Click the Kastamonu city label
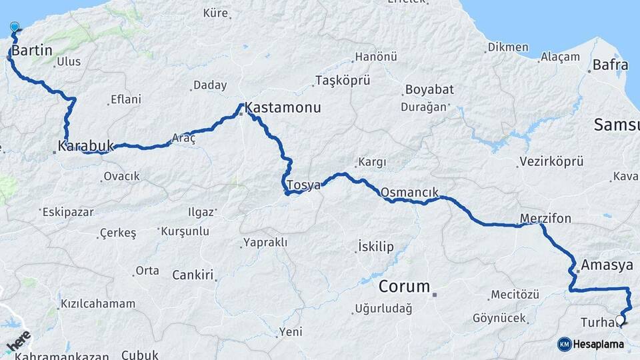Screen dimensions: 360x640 [283, 107]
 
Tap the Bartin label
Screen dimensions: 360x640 [32, 50]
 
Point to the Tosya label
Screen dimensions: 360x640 [303, 185]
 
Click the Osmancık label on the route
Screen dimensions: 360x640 [410, 192]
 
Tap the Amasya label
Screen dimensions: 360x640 [607, 265]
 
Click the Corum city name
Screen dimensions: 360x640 [404, 287]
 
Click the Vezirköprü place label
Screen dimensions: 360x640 [550, 161]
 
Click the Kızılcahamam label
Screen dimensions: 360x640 [98, 303]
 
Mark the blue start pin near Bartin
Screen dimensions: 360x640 [15, 27]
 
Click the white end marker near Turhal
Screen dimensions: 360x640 [620, 320]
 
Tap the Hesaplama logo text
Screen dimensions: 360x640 [599, 344]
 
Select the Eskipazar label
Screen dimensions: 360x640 [68, 212]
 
